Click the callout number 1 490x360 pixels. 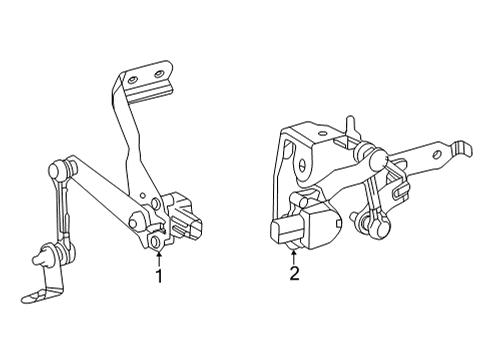(157, 274)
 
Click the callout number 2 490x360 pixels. (293, 274)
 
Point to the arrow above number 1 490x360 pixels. (157, 253)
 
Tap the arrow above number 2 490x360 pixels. (293, 253)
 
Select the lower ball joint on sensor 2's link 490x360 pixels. (380, 229)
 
